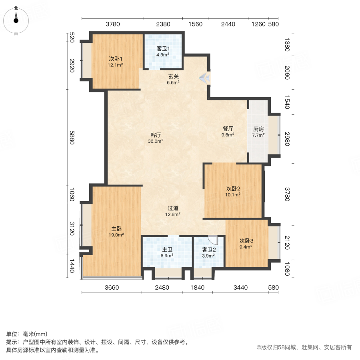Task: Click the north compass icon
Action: (16, 19)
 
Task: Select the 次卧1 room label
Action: (116, 58)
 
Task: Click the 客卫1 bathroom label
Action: (162, 49)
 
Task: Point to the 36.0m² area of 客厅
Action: (156, 141)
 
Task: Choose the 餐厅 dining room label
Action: (228, 129)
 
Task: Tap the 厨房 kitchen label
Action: (258, 129)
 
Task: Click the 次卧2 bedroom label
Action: (233, 189)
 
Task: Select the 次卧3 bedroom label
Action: (246, 241)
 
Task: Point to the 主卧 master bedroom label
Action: (116, 229)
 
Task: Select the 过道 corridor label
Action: (173, 208)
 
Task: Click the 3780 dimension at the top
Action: (113, 24)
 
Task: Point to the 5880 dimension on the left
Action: (72, 138)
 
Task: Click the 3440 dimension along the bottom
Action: (240, 287)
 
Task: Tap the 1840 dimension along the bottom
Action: (198, 287)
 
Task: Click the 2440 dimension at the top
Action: (228, 24)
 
